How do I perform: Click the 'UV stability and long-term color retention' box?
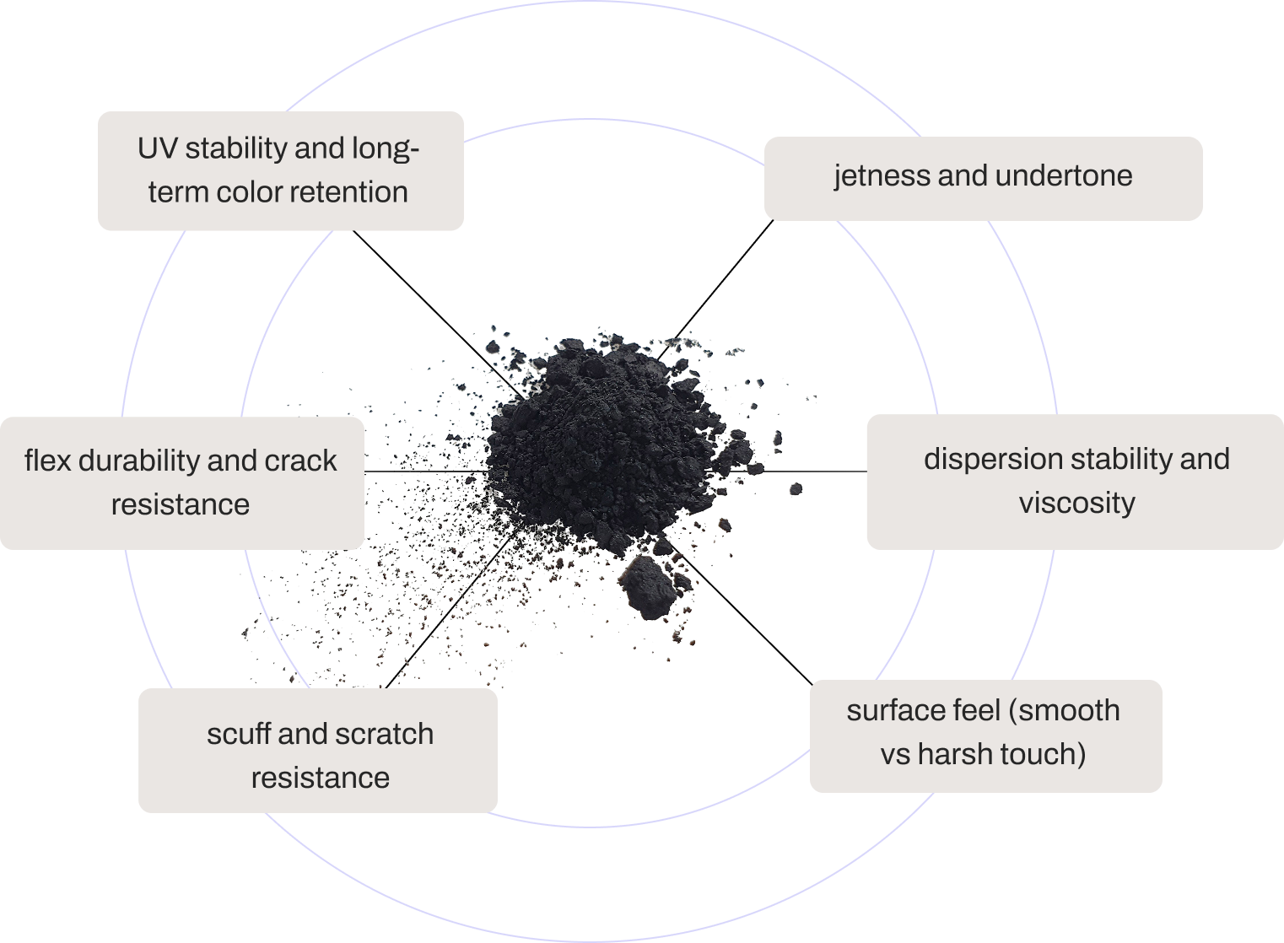[x=280, y=170]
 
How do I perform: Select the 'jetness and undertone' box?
[x=983, y=178]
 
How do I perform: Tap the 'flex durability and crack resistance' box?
[x=181, y=482]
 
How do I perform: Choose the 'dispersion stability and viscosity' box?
[x=1076, y=482]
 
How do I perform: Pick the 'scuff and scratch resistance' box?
[x=318, y=751]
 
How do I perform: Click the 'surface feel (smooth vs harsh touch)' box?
[x=985, y=736]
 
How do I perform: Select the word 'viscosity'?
[x=1076, y=504]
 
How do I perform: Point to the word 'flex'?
[x=46, y=461]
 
